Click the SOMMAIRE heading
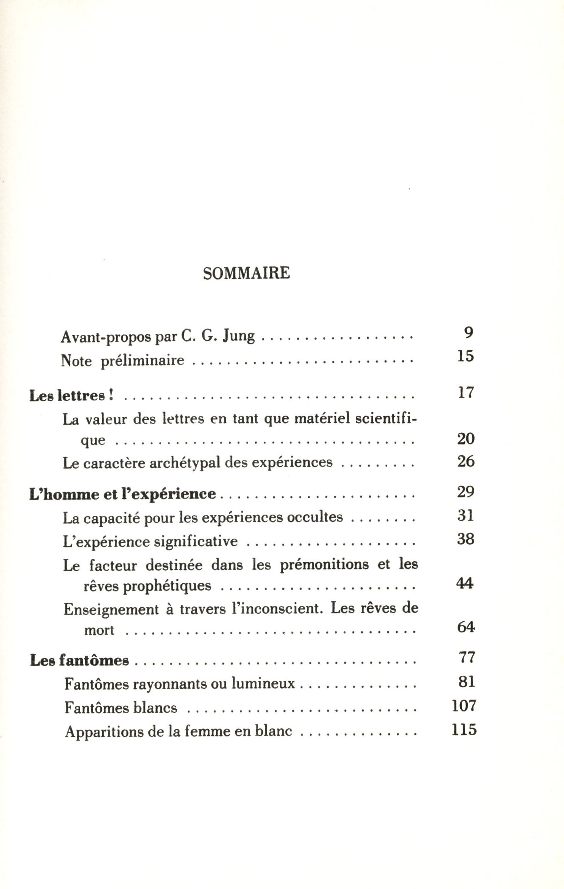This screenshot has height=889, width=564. point(246,273)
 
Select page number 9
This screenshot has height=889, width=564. point(469,333)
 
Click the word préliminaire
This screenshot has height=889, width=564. point(143,360)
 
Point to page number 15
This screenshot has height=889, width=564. point(466,356)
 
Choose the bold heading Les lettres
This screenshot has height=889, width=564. point(71,396)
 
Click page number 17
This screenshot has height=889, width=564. point(466,392)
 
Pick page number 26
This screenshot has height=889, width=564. point(466,461)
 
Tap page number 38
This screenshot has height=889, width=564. point(466,539)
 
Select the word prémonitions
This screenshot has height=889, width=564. point(324,565)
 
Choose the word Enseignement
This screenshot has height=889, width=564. point(111,609)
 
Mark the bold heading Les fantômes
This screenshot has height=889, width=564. point(79,661)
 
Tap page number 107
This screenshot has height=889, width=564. point(464,706)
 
